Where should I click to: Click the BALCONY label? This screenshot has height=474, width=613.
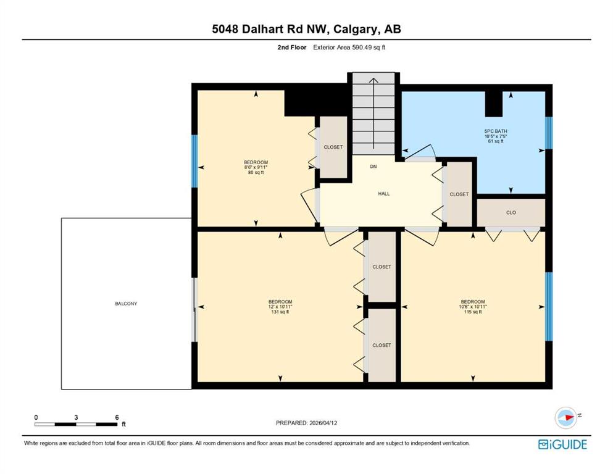click(126, 304)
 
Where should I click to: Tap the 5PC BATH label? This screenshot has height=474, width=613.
click(496, 131)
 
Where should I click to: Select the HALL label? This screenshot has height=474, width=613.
click(383, 193)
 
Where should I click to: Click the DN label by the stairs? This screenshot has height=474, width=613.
click(373, 167)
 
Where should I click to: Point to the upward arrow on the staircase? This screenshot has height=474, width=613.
click(373, 114)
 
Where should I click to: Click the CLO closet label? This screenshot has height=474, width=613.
click(511, 212)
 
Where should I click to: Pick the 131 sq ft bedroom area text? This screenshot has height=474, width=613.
click(280, 312)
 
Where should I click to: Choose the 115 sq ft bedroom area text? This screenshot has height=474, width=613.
click(473, 312)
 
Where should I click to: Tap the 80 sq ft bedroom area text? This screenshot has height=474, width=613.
click(256, 172)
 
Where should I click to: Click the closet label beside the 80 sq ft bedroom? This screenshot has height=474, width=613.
click(333, 148)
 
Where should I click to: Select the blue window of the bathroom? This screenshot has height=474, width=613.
click(549, 133)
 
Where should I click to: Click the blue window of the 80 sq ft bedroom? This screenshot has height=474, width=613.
click(194, 161)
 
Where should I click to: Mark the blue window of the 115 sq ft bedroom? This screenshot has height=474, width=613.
click(549, 306)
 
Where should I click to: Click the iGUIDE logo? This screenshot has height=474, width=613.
click(562, 445)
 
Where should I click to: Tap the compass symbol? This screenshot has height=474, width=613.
click(566, 417)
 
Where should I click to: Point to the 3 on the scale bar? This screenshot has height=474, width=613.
click(76, 417)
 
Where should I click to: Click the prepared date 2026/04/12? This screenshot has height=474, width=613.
click(323, 423)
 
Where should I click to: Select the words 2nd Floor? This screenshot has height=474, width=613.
click(291, 48)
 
